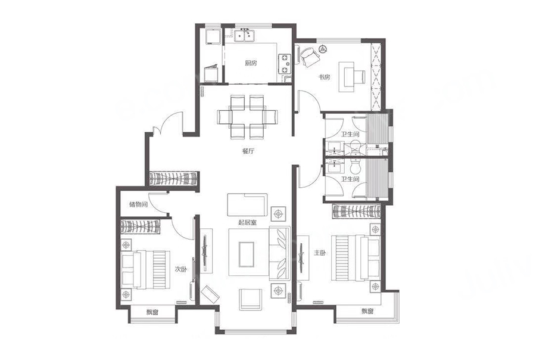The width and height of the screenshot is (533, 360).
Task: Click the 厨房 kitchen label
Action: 251,63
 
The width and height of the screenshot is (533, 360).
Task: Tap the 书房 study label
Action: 324,77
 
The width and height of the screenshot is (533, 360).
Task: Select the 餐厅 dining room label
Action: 248,151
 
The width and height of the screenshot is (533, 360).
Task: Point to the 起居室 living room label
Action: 248,223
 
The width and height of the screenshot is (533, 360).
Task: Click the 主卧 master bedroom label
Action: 320,253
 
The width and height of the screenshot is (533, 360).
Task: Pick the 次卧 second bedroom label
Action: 181,269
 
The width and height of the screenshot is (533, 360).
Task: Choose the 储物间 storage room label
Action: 138,205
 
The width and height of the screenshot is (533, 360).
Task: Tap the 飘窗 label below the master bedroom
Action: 367,311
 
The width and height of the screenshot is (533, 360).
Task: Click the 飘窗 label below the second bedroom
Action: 152,312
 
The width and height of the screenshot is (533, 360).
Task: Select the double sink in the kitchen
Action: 245,35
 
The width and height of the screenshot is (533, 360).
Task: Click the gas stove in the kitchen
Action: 285,64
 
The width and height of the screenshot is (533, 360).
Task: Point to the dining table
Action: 247,117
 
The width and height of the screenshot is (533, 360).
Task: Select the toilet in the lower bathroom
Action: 355,166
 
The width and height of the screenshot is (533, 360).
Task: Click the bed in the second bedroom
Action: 145,269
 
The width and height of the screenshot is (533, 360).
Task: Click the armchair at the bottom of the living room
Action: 251,299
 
